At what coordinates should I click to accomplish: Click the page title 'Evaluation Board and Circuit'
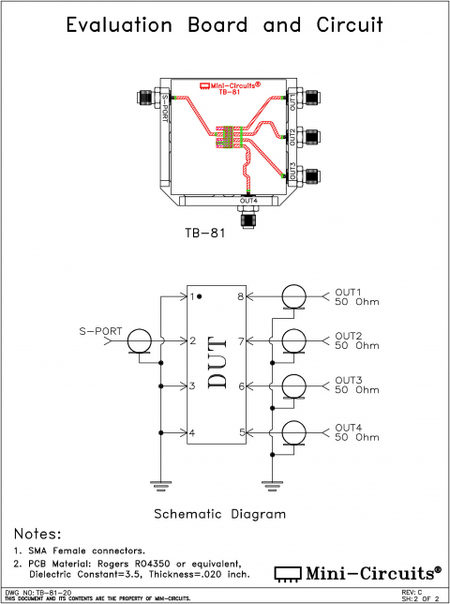(x=225, y=26)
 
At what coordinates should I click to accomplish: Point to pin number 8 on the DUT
(x=241, y=296)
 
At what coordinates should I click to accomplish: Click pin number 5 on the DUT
(x=241, y=432)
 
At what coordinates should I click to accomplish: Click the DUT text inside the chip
(x=217, y=364)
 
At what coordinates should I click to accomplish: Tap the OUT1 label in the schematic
(x=349, y=292)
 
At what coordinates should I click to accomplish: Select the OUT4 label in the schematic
(x=349, y=428)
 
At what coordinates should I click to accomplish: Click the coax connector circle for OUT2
(x=295, y=341)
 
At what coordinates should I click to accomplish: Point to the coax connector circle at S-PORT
(x=140, y=341)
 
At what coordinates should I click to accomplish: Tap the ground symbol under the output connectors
(x=273, y=484)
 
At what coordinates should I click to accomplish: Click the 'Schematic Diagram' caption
(x=220, y=514)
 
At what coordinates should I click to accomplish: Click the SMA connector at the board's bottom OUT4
(x=249, y=219)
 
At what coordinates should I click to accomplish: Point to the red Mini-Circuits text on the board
(x=231, y=85)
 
